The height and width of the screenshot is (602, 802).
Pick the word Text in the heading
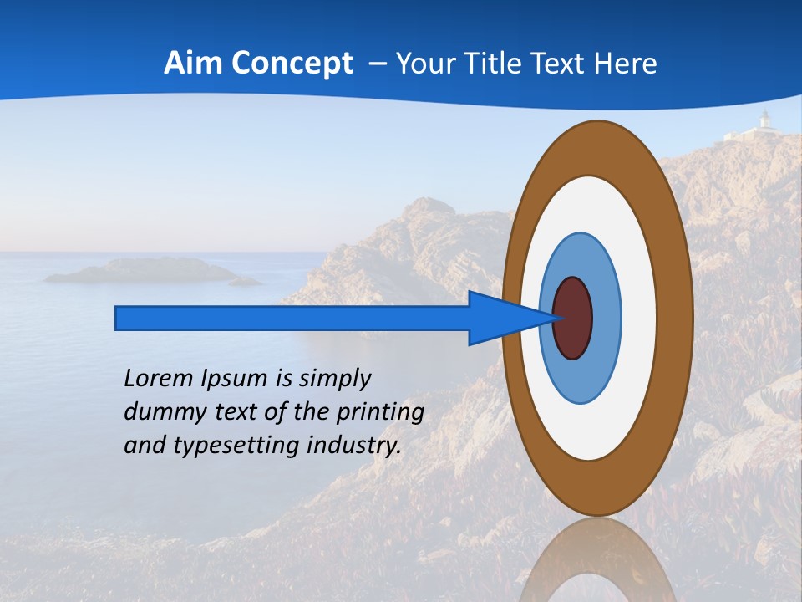(572, 64)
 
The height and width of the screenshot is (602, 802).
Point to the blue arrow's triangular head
(501, 319)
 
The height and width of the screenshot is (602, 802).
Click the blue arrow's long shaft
(292, 319)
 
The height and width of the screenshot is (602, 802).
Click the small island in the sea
(142, 270)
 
